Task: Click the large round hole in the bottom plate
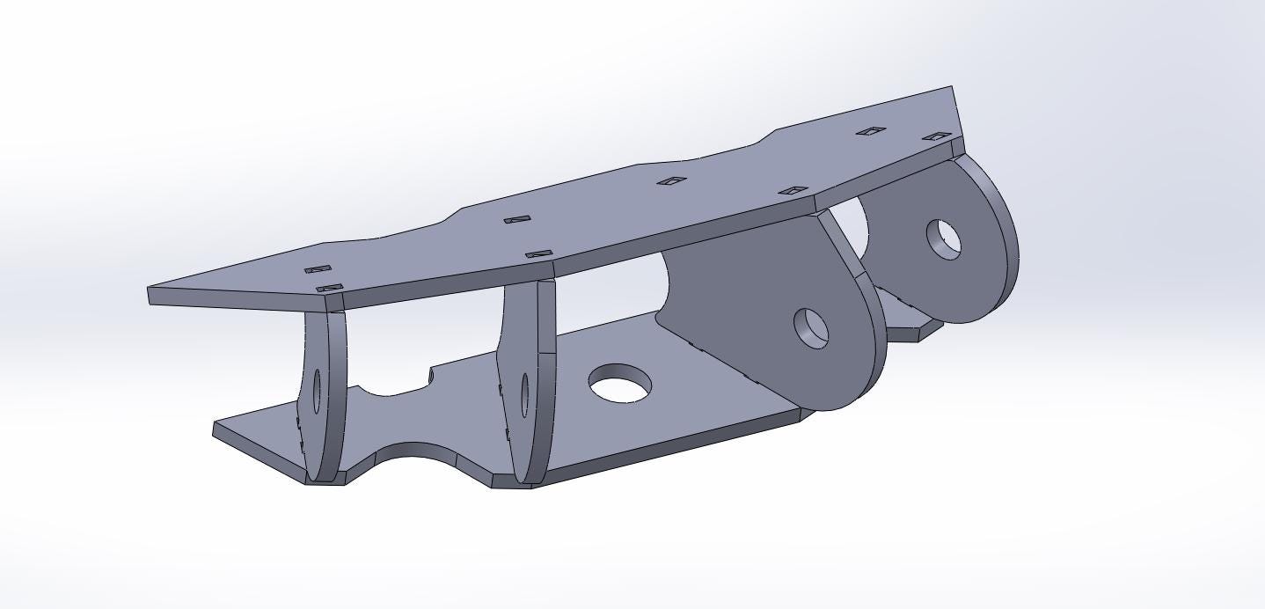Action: (x=620, y=385)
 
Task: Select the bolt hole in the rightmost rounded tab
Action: (x=945, y=238)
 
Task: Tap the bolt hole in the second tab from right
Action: (x=812, y=327)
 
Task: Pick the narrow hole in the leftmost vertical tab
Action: (x=317, y=391)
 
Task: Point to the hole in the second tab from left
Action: (x=525, y=393)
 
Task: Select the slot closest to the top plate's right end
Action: (x=937, y=136)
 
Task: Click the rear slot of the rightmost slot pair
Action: (x=871, y=131)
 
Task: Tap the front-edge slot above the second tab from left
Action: (x=538, y=254)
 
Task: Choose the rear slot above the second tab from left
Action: (x=517, y=219)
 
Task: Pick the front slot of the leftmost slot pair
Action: (x=329, y=288)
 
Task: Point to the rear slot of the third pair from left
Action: (x=673, y=181)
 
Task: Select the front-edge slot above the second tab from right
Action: (x=793, y=191)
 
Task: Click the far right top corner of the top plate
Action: (x=952, y=87)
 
